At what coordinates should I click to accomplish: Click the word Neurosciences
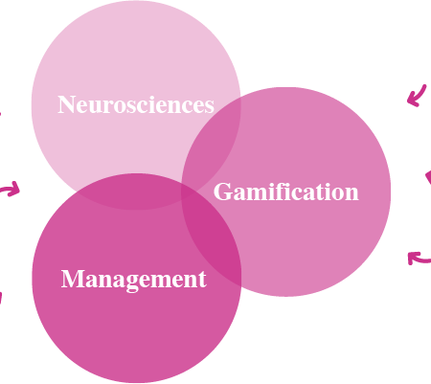point(136,104)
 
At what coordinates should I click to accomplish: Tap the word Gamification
point(286,192)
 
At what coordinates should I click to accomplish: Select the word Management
point(134,280)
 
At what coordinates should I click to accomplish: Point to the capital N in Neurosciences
point(66,104)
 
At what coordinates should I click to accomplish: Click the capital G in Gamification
point(222,192)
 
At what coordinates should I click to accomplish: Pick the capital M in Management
point(71,279)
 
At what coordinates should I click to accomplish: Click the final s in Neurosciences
point(209,107)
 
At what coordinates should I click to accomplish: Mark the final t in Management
point(202,281)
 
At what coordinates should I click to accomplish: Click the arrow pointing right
point(11,190)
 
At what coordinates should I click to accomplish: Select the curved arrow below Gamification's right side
point(418,259)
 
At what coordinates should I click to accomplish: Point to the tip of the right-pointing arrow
point(19,191)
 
